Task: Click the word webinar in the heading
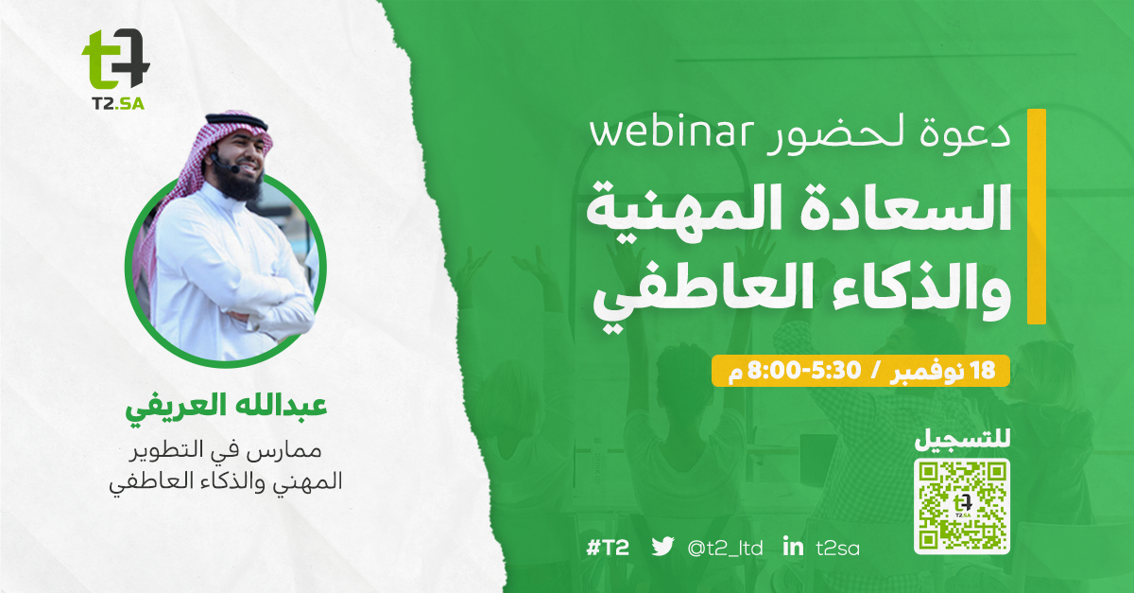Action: click(x=671, y=133)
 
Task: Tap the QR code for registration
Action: click(x=961, y=506)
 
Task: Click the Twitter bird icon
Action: click(x=662, y=547)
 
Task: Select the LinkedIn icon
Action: click(x=793, y=547)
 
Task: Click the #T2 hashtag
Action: click(x=608, y=548)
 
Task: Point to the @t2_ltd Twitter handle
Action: click(x=725, y=548)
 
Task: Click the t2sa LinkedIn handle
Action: click(x=838, y=548)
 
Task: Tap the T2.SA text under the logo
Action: click(x=118, y=104)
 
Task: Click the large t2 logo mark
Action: click(x=116, y=59)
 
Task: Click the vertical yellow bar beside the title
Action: click(x=1037, y=217)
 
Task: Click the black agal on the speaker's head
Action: click(x=237, y=122)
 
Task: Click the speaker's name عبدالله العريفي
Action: click(x=226, y=409)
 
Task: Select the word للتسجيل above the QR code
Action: click(x=962, y=440)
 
